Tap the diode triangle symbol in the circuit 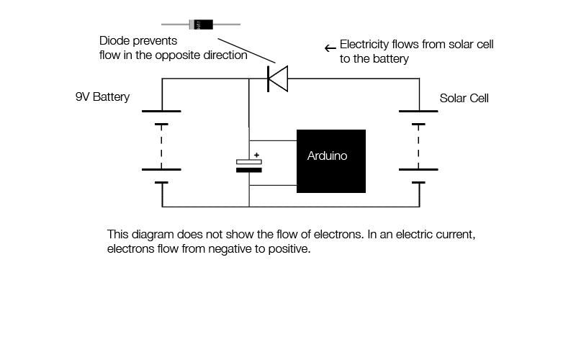(x=277, y=78)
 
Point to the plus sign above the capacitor (x=256, y=155)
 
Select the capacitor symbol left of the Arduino (x=249, y=166)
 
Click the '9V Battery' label (x=102, y=96)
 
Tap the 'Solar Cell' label (x=464, y=98)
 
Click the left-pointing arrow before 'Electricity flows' (x=330, y=48)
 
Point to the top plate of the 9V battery (x=161, y=112)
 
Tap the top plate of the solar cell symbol (x=418, y=112)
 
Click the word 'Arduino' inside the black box (x=327, y=156)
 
